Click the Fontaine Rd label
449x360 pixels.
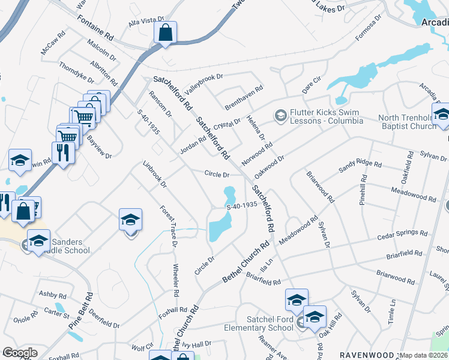(x=95, y=28)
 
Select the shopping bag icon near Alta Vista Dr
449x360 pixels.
(x=165, y=34)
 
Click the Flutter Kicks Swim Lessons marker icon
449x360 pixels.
(x=280, y=115)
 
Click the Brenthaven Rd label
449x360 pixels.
(x=244, y=97)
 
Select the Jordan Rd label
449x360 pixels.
(x=193, y=145)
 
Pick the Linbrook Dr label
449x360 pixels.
(x=154, y=173)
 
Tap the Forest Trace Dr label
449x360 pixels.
(x=169, y=226)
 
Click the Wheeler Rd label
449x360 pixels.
(x=176, y=281)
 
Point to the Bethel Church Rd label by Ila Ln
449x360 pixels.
(x=247, y=263)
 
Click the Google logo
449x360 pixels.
(x=20, y=352)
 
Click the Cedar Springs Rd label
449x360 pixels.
(x=402, y=235)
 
